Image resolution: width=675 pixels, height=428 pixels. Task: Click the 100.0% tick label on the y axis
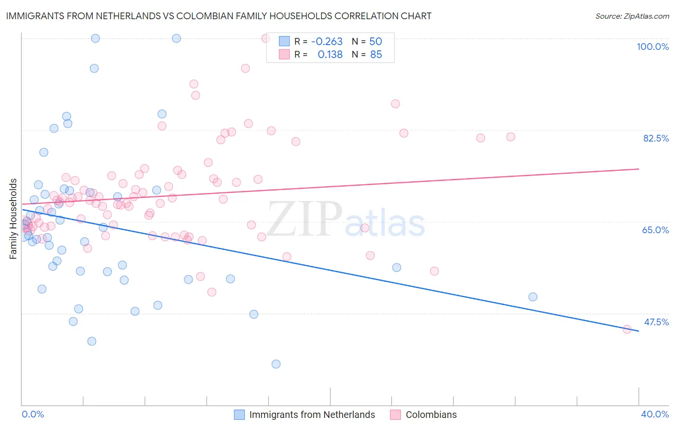pos(652,47)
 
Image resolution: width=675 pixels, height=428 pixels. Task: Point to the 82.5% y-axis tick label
pos(656,138)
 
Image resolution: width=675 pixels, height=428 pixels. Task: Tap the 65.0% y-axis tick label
pos(655,230)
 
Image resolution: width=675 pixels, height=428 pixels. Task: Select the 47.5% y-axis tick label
pos(656,322)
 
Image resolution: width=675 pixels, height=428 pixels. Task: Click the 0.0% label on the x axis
pos(33,414)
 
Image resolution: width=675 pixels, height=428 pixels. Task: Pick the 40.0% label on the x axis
pos(654,414)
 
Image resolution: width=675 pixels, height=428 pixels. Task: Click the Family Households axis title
pos(13,219)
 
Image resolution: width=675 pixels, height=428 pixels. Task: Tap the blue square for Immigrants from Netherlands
pos(240,415)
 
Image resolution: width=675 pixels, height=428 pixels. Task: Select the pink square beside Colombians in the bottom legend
pos(396,415)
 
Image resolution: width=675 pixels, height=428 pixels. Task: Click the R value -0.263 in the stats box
pos(327,41)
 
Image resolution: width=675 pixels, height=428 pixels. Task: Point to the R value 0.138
pos(330,55)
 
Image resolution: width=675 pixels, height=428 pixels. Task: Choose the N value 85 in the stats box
pos(376,55)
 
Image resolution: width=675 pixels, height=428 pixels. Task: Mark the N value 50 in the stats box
pos(375,41)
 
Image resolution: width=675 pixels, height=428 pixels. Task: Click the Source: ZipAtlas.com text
pos(632,16)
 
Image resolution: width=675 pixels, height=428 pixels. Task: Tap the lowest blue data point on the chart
pos(276,364)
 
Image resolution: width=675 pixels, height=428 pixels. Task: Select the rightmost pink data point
pos(627,329)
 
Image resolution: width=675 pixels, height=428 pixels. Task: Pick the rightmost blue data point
pos(533,297)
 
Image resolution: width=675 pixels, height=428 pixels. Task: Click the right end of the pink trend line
pos(639,169)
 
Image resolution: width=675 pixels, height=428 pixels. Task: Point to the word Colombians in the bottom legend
pos(431,415)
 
